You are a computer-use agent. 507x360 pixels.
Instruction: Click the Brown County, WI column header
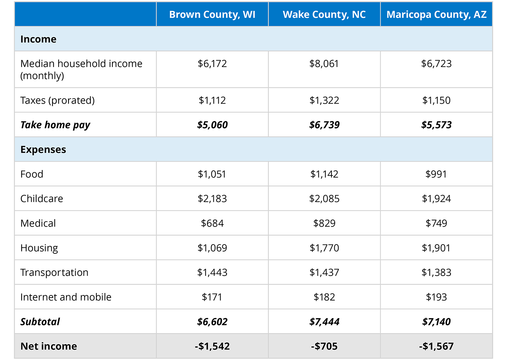[212, 15]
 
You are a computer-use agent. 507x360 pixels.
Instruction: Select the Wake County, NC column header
[324, 15]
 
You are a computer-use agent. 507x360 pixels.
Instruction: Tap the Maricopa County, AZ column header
[436, 15]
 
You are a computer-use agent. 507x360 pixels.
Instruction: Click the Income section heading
[38, 39]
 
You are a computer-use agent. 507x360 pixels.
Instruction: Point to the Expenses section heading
[43, 150]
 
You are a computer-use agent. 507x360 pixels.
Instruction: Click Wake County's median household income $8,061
[324, 64]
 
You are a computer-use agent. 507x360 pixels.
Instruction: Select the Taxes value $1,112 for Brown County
[212, 100]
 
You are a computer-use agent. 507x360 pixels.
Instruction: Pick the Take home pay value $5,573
[436, 125]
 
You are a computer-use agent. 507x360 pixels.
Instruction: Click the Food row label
[32, 174]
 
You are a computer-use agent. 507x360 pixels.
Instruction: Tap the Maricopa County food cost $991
[436, 174]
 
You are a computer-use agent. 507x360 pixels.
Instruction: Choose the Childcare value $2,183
[212, 198]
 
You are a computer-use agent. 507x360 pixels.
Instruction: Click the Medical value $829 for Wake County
[324, 223]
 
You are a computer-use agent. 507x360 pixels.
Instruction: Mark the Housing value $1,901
[436, 248]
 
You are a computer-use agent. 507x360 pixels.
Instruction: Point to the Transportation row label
[54, 272]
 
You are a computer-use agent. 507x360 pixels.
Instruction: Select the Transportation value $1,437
[324, 272]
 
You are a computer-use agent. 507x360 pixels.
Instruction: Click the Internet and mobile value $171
[212, 297]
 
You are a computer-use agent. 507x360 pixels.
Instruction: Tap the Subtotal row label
[40, 322]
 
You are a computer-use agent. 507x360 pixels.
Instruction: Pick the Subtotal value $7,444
[324, 322]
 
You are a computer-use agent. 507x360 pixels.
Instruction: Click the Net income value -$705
[324, 346]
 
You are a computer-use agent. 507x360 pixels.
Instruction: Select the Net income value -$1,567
[436, 346]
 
